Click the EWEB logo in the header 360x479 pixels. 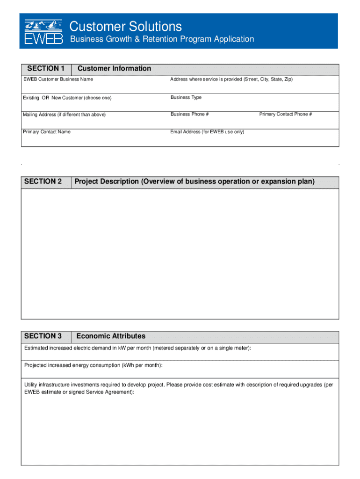point(43,31)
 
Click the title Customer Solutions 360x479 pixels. point(126,26)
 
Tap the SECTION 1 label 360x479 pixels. point(46,69)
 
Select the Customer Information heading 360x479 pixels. point(114,69)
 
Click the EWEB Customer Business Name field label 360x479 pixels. point(58,79)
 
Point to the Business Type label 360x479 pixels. point(186,97)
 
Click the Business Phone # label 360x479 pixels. point(190,114)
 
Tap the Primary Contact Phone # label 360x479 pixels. point(286,114)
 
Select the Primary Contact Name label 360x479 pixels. point(47,132)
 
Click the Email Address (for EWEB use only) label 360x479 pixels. point(207,132)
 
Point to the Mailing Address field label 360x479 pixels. point(65,115)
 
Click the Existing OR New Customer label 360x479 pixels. point(67,98)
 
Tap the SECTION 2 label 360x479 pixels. point(43,181)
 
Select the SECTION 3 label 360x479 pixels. point(43,336)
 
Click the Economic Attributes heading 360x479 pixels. point(111,336)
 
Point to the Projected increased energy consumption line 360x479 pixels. point(94,365)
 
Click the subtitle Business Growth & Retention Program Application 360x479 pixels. point(162,39)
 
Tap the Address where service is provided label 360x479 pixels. point(231,79)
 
